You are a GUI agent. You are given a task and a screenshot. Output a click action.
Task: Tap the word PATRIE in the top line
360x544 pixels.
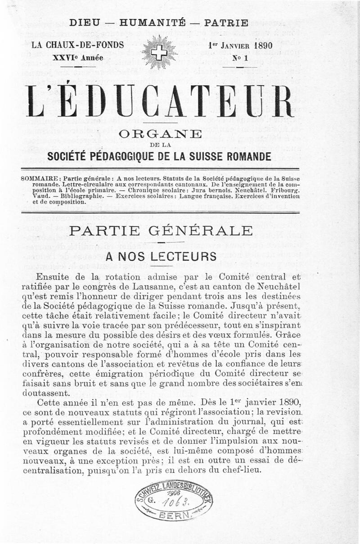tap(226, 22)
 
